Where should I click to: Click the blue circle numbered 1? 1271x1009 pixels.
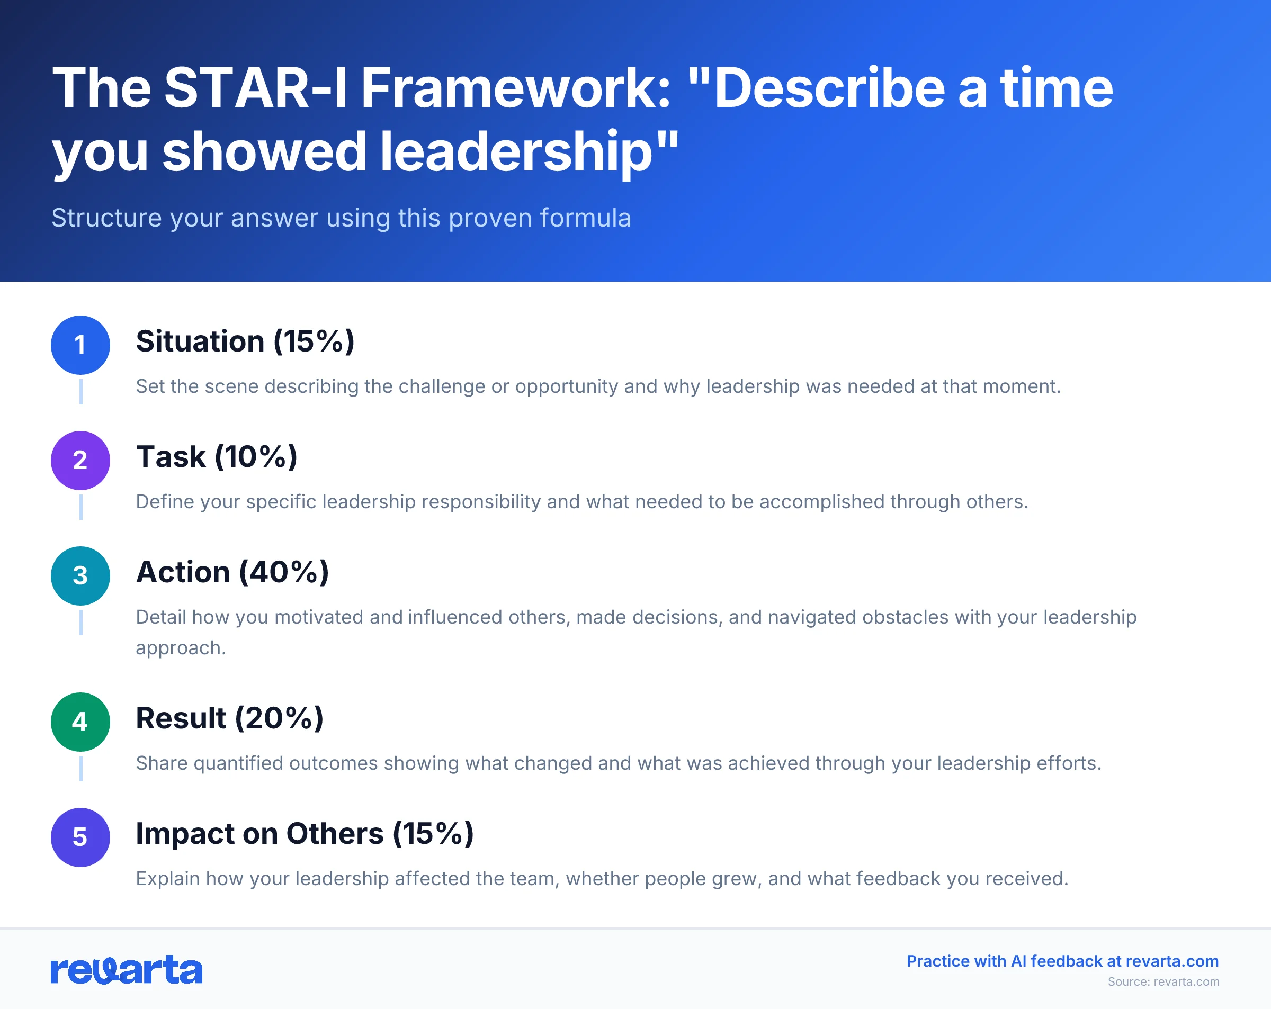(80, 345)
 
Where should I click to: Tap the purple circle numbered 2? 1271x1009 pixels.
(80, 461)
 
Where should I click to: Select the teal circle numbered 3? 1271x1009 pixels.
(80, 576)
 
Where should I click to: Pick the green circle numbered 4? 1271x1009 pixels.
(80, 722)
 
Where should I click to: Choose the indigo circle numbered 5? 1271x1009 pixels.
(80, 837)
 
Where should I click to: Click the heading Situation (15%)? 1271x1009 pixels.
(245, 341)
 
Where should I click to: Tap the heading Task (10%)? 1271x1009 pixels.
(217, 457)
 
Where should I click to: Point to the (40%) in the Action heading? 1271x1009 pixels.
(284, 572)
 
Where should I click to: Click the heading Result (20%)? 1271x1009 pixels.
(229, 718)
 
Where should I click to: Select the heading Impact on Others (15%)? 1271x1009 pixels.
(304, 834)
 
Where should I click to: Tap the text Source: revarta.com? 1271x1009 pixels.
(1162, 982)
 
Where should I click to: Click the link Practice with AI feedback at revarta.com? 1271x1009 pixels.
(1062, 961)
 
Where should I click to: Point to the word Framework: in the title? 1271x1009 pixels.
(516, 88)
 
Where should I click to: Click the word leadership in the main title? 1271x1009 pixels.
(515, 152)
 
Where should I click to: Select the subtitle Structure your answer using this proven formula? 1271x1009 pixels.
(341, 218)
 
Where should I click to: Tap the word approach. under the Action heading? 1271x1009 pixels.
(181, 648)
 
